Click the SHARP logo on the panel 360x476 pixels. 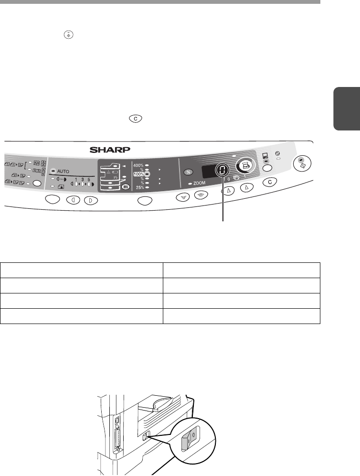pyautogui.click(x=110, y=150)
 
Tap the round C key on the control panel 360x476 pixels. pyautogui.click(x=270, y=182)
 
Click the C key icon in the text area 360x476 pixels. pyautogui.click(x=136, y=119)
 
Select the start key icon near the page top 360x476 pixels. pyautogui.click(x=69, y=35)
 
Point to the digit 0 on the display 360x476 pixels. pyautogui.click(x=222, y=170)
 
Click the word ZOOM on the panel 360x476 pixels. pyautogui.click(x=199, y=183)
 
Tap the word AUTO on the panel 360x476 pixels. pyautogui.click(x=63, y=171)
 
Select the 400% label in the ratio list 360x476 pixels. pyautogui.click(x=138, y=165)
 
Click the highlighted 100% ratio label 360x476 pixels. pyautogui.click(x=138, y=174)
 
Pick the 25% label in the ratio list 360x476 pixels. pyautogui.click(x=140, y=188)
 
